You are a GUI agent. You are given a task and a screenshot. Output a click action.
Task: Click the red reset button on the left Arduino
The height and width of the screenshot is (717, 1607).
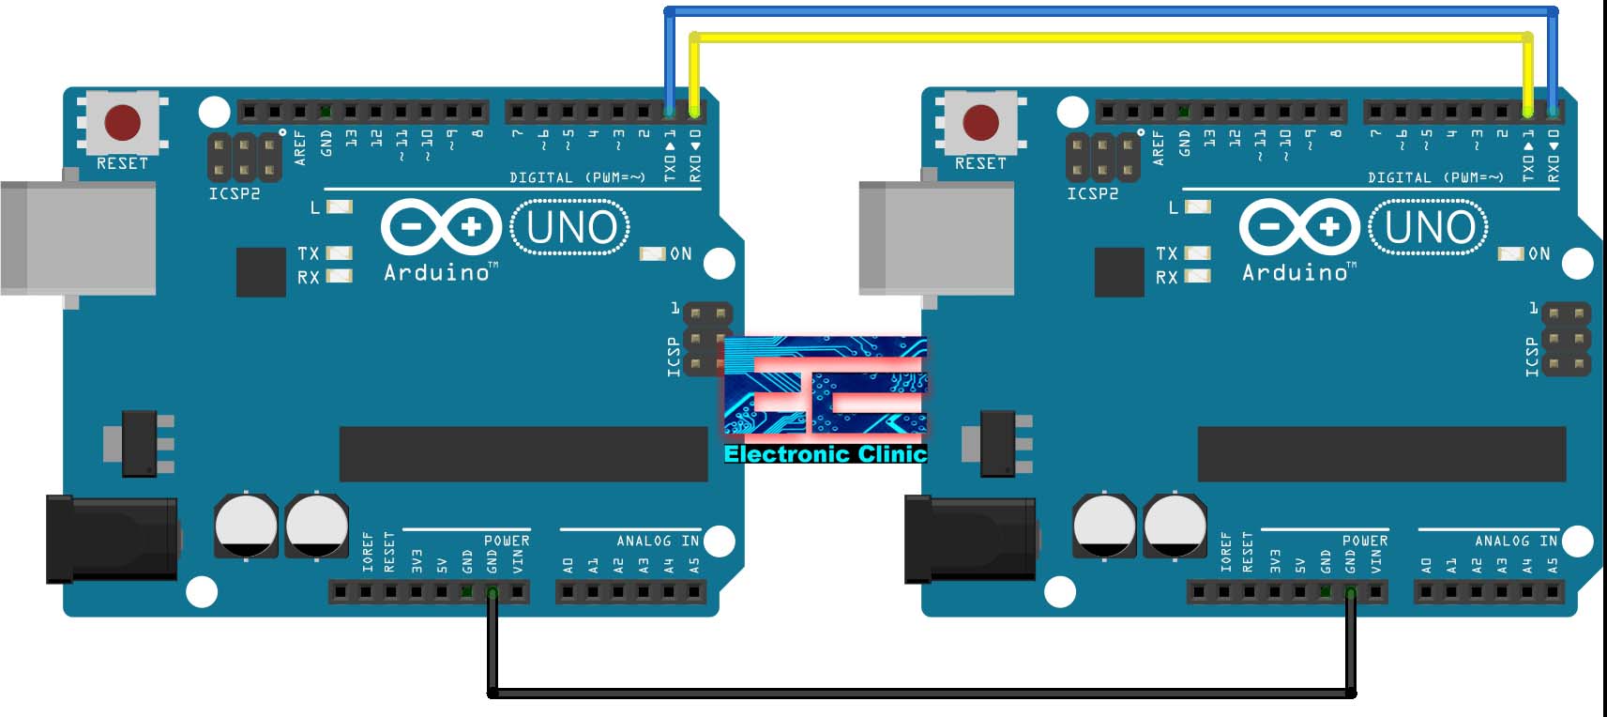click(x=122, y=123)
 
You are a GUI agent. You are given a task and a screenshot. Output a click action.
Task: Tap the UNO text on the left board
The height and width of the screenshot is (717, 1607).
click(x=570, y=227)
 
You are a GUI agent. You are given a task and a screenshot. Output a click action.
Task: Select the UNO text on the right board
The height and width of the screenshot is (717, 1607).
click(x=1429, y=227)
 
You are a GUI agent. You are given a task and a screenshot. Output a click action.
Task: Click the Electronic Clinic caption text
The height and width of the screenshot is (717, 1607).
click(x=826, y=454)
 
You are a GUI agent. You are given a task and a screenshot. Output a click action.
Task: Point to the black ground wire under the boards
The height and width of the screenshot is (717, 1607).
click(x=919, y=694)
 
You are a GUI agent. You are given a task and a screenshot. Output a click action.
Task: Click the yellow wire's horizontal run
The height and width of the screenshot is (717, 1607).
click(x=1107, y=38)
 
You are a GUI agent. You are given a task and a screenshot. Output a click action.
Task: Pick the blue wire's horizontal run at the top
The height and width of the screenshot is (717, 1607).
click(x=1107, y=12)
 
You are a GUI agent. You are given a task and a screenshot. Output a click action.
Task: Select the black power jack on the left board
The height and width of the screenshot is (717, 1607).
click(x=113, y=538)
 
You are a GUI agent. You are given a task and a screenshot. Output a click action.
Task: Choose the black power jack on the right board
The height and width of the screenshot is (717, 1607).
click(x=971, y=538)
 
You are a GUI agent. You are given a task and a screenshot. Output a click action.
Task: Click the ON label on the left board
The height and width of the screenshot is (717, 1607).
click(x=681, y=253)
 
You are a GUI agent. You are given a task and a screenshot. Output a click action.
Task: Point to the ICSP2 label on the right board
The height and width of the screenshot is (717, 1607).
click(x=1093, y=193)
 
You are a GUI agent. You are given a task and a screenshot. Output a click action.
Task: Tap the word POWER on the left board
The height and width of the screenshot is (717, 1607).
click(x=507, y=541)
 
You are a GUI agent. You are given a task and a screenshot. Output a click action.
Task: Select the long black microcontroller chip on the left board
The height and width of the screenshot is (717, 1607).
click(x=523, y=454)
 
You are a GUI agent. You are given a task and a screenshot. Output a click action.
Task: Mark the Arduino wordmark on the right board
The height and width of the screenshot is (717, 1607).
click(x=1296, y=273)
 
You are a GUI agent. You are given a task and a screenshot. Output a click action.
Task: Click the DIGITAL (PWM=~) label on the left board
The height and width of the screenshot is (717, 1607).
click(x=577, y=177)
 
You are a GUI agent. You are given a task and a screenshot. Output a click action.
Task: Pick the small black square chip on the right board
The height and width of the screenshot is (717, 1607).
click(x=1119, y=272)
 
